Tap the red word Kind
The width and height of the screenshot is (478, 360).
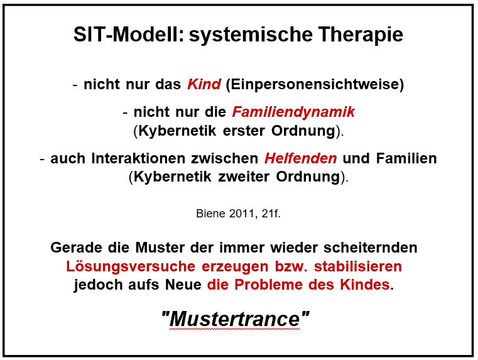point(204,84)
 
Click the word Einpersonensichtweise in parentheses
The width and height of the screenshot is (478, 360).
point(315,84)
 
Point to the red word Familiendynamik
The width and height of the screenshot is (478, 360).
point(293,112)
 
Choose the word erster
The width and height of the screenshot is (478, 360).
point(244,131)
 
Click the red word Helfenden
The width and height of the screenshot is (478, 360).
point(301,158)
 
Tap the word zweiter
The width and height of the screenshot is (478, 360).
point(244,177)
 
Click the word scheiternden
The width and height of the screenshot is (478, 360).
point(371,248)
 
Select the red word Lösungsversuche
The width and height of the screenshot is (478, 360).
point(131,266)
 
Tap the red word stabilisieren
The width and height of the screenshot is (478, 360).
point(358,266)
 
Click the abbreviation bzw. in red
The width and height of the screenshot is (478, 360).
point(291,266)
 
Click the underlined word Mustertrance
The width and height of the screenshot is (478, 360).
point(235,319)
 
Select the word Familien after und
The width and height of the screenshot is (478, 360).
point(406,158)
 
